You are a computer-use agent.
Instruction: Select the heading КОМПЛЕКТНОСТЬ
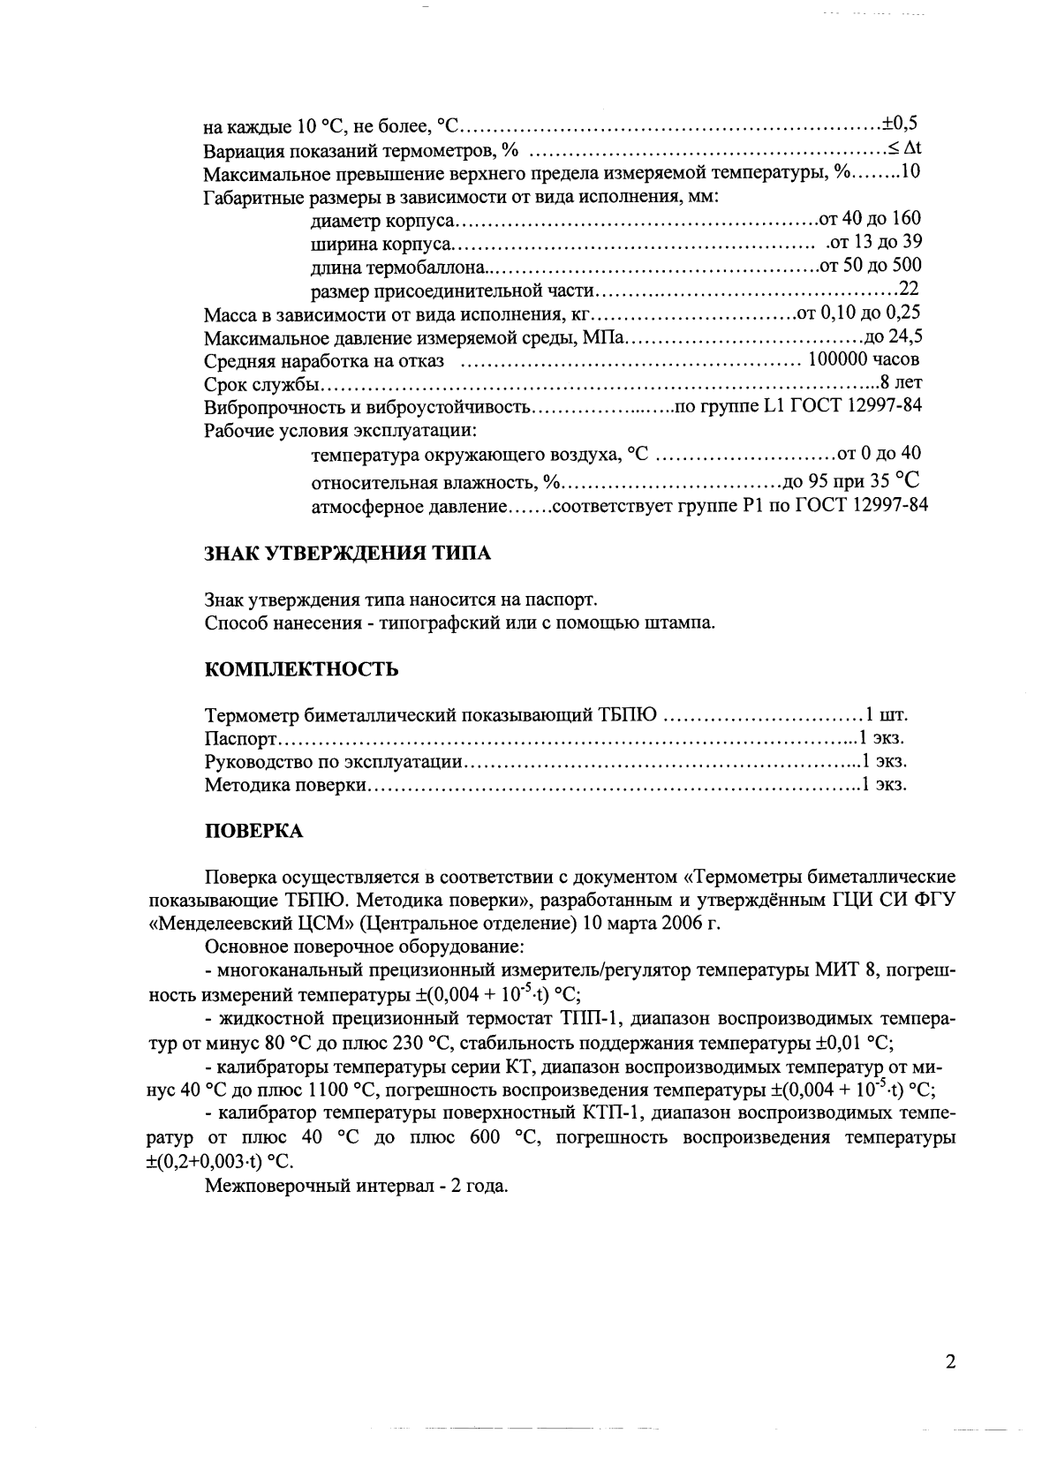pyautogui.click(x=301, y=669)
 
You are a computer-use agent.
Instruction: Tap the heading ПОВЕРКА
pyautogui.click(x=253, y=831)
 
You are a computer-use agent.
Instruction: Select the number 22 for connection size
pyautogui.click(x=910, y=289)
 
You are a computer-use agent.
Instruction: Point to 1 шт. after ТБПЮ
pyautogui.click(x=886, y=714)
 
